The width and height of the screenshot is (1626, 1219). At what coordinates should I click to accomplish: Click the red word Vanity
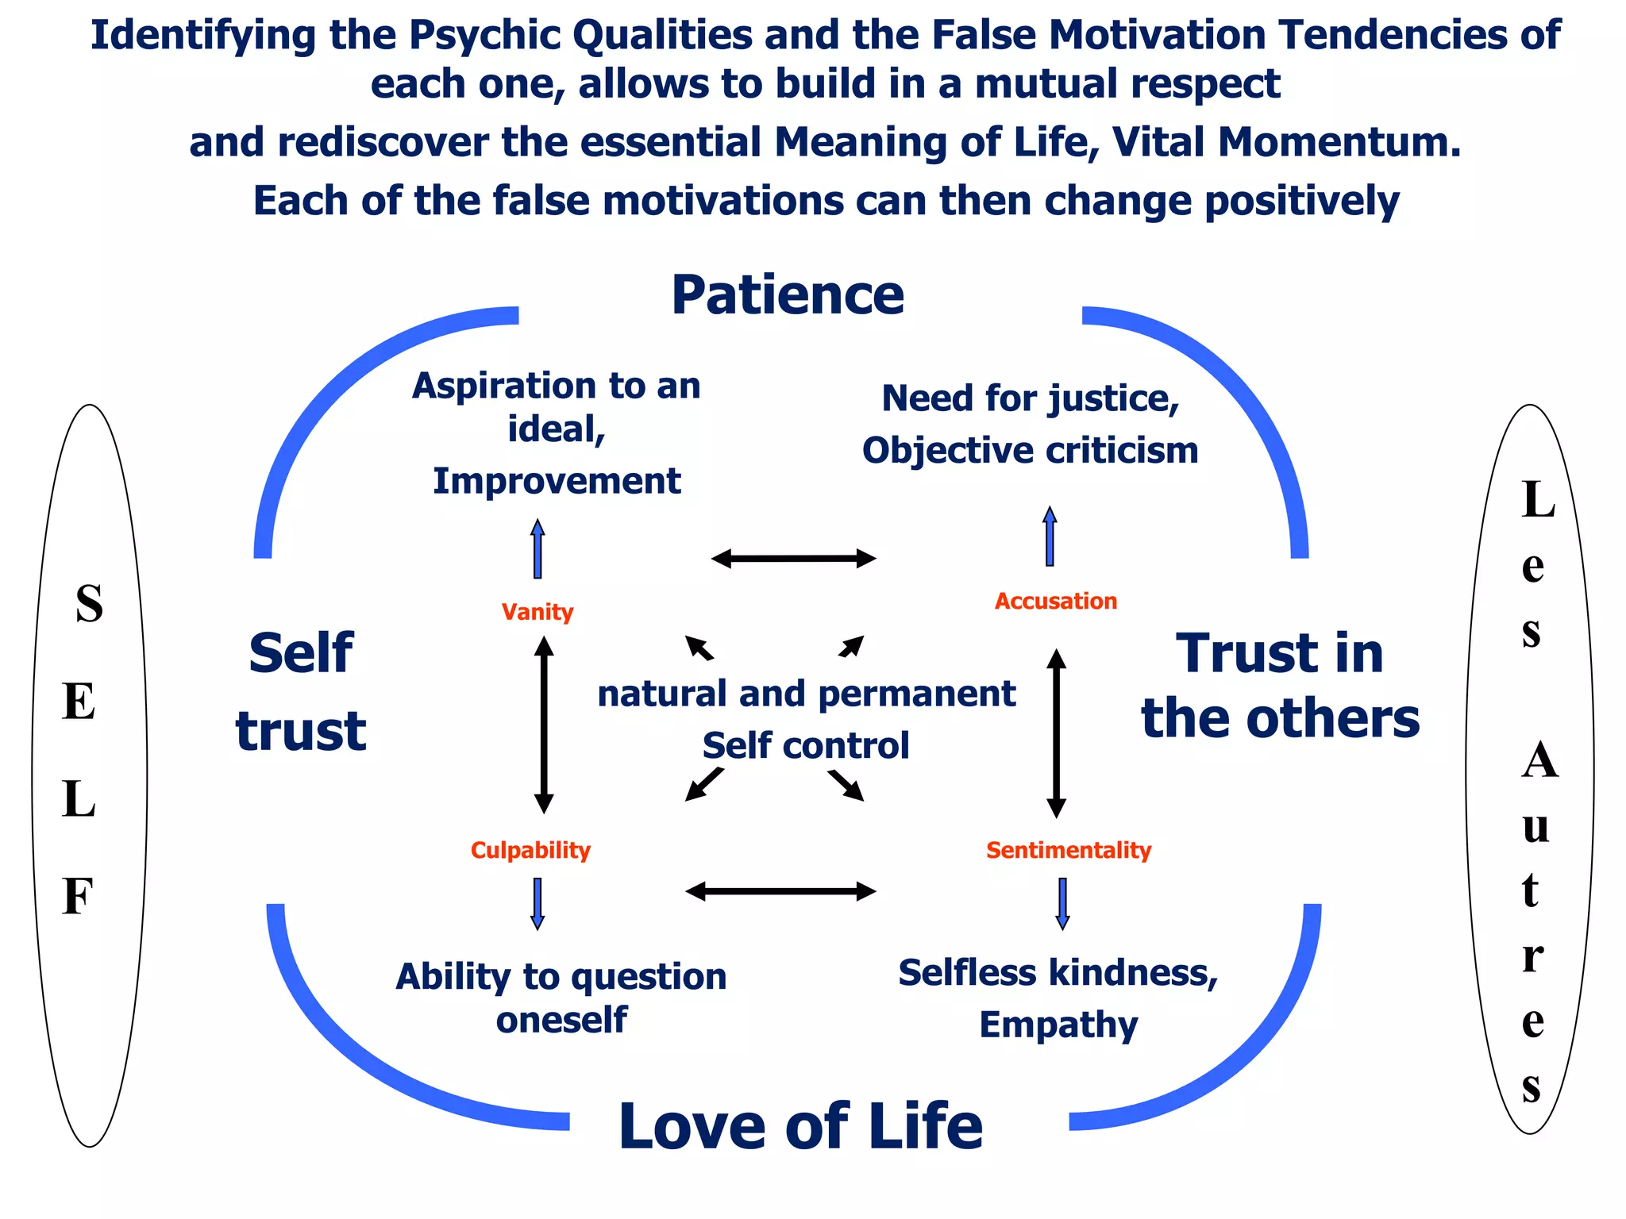click(x=538, y=612)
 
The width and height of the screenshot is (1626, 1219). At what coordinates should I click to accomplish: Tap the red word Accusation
click(x=1055, y=601)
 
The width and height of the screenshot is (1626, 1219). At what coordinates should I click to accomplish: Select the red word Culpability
click(x=530, y=850)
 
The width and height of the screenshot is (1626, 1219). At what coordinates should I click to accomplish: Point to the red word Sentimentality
click(x=1068, y=850)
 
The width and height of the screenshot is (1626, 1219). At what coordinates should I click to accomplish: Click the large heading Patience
click(x=788, y=295)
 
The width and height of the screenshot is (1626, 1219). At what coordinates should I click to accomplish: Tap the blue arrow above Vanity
click(x=538, y=548)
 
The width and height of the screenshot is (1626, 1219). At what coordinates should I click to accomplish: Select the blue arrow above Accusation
click(x=1050, y=536)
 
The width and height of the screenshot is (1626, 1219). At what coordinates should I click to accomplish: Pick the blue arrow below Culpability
click(x=538, y=903)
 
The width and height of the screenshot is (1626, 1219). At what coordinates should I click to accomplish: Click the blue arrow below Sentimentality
click(x=1062, y=903)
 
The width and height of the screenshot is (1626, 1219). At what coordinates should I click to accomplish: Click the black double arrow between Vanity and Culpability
click(x=544, y=725)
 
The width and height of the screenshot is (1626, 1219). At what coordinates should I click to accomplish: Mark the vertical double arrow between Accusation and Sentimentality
click(x=1056, y=733)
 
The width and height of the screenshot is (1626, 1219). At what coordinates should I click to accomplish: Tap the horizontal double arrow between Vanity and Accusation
click(x=793, y=559)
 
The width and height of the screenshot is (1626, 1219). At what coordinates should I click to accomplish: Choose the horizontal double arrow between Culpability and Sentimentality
click(x=780, y=891)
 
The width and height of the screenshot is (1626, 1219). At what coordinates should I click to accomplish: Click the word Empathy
click(x=1058, y=1025)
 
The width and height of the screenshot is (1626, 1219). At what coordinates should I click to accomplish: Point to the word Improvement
click(x=557, y=481)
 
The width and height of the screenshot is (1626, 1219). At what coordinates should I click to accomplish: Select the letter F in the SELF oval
click(x=78, y=897)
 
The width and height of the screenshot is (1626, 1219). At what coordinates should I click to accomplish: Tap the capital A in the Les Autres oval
click(x=1539, y=760)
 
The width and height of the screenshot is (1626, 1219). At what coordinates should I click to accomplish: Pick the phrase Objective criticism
click(x=1030, y=451)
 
